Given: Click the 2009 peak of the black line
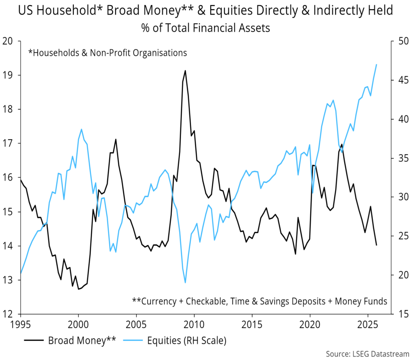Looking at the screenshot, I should pos(185,71).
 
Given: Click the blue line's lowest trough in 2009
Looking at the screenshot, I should pos(185,283).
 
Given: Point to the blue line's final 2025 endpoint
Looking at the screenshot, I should pos(376,65).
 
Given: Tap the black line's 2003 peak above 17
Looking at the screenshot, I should pos(116,139).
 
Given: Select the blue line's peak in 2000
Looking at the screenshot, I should pos(81,129).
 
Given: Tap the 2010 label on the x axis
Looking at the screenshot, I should pos(194,324).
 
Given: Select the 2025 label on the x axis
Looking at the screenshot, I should pos(368,324).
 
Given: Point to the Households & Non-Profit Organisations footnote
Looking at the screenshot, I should pos(108,52).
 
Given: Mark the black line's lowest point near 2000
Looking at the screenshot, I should pos(78,289).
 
